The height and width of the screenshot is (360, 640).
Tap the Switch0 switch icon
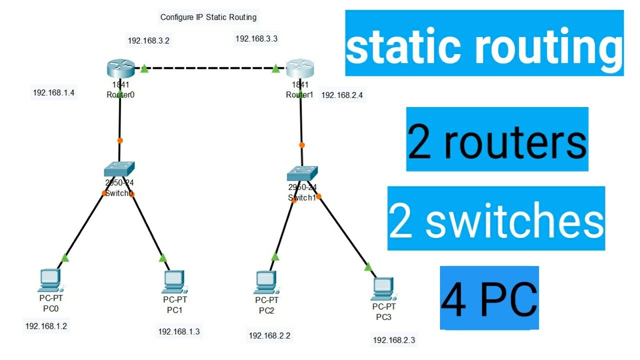tap(119, 169)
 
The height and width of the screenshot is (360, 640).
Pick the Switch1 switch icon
tap(302, 173)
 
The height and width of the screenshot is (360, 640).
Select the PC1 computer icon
tap(173, 282)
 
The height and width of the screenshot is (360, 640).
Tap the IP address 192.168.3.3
tap(256, 38)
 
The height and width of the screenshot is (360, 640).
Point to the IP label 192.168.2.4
tap(342, 95)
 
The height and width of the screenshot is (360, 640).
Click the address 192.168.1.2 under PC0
tap(46, 326)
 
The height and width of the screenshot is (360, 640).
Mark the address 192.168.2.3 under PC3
tap(394, 340)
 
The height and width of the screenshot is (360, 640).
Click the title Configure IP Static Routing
tap(208, 17)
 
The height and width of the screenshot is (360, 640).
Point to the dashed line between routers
tap(210, 68)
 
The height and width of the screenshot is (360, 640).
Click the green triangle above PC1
tap(162, 258)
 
